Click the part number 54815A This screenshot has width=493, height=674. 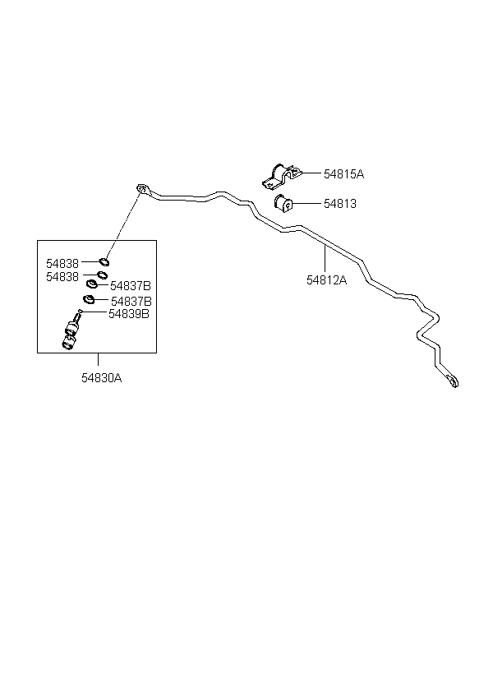coord(343,174)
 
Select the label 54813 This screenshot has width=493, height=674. coord(339,203)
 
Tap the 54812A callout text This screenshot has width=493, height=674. coord(327,279)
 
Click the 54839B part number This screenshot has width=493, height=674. coord(128,313)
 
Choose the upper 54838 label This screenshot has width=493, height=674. coord(62,263)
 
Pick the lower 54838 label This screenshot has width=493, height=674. coord(62,277)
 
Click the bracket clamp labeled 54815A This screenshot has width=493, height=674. coord(278,174)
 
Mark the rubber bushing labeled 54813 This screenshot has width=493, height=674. coord(282,202)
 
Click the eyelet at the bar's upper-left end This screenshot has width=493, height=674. coord(143,190)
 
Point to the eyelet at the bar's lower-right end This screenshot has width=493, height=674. coord(452,381)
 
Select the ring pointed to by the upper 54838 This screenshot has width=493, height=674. coord(105,263)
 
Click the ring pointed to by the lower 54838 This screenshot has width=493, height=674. coord(102,275)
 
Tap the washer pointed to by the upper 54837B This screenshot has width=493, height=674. coord(93,284)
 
